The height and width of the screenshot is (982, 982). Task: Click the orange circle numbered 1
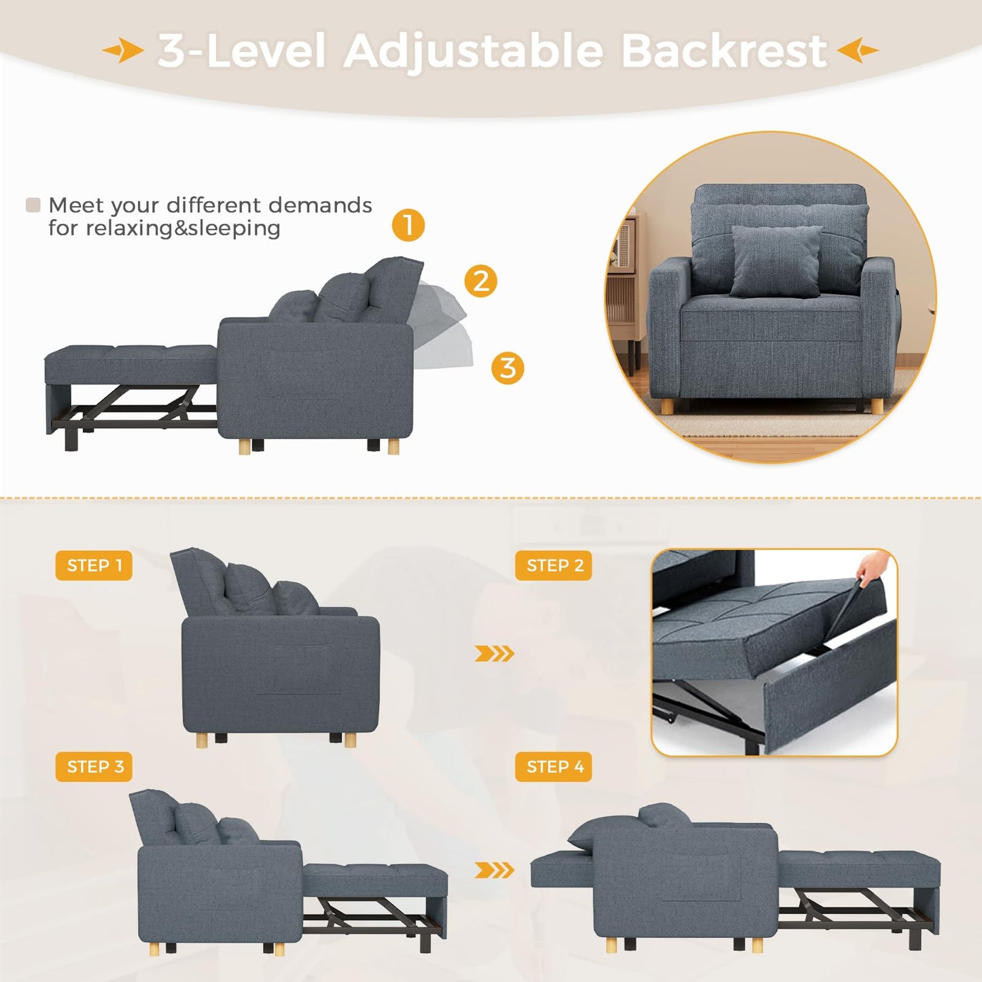point(408,225)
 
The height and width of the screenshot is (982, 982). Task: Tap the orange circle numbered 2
point(480,281)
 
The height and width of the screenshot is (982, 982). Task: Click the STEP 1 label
point(94,565)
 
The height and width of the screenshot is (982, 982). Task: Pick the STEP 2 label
point(554,565)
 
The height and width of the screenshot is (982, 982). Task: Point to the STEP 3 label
point(94,767)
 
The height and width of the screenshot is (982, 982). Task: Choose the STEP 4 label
point(554,767)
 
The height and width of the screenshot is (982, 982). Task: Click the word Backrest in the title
point(723,51)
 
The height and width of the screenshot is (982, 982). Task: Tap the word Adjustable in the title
point(474,52)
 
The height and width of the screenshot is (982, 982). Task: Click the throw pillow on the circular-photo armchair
point(776,261)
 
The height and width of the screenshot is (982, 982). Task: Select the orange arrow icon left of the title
point(123,50)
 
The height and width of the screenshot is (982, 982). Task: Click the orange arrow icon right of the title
point(858,50)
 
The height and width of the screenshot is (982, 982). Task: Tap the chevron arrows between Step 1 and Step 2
point(494,654)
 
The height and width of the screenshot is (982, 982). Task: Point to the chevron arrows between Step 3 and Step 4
point(494,870)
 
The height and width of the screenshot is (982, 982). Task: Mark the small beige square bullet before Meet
point(33,205)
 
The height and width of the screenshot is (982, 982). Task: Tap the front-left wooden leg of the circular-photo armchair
point(667,406)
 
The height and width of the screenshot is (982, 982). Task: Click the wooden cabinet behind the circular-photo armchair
point(629,292)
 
